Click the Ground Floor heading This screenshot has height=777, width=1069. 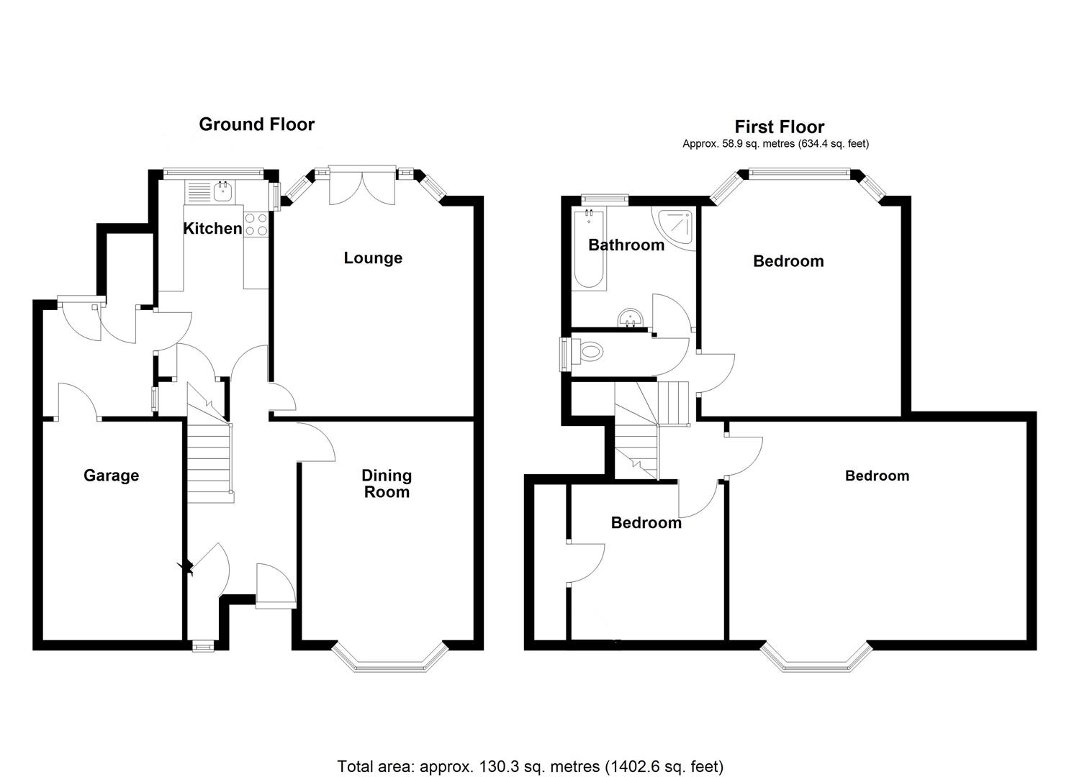click(x=256, y=124)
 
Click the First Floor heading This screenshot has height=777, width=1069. click(x=779, y=127)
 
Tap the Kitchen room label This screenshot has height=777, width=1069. click(x=212, y=229)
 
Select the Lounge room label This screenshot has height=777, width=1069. click(x=372, y=258)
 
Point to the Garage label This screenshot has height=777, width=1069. click(x=111, y=476)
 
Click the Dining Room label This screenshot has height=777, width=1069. click(x=387, y=483)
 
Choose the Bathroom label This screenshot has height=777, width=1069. click(x=626, y=245)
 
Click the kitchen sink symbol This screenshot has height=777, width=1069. click(x=222, y=191)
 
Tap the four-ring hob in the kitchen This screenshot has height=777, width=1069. click(x=256, y=224)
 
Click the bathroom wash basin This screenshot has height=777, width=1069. click(x=631, y=317)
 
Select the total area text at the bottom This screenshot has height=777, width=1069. click(x=530, y=766)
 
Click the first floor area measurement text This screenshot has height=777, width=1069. click(x=775, y=144)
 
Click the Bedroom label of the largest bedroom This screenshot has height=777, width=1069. click(x=877, y=476)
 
